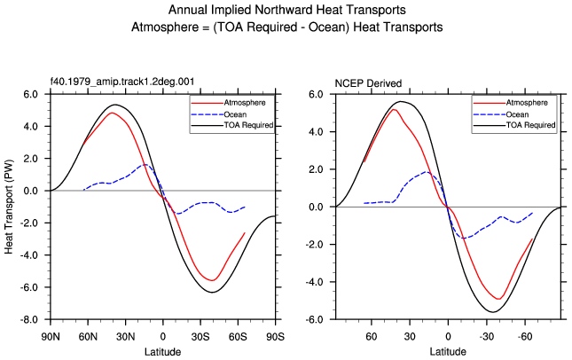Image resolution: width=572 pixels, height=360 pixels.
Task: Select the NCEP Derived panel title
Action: (368, 83)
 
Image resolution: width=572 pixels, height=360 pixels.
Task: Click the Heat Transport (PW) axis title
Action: (9, 207)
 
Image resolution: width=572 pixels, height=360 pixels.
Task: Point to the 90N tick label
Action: (51, 336)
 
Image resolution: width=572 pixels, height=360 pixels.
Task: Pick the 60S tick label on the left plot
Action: (238, 336)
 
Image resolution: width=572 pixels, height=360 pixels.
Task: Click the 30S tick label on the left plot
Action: (200, 336)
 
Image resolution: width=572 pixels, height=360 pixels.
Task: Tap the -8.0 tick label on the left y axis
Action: (29, 320)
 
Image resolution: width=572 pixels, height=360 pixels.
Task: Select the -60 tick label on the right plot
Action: (525, 336)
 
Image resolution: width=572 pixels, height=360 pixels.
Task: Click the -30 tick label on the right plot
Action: (486, 336)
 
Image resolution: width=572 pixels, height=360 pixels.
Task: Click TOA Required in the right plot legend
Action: (530, 125)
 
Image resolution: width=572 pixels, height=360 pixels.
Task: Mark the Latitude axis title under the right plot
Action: (448, 352)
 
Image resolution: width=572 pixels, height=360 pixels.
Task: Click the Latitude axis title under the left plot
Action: (162, 352)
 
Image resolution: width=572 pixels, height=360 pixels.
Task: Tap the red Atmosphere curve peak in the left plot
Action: (112, 113)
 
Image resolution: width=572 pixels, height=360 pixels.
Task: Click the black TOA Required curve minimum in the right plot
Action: (493, 312)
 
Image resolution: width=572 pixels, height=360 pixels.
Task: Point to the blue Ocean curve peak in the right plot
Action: (426, 172)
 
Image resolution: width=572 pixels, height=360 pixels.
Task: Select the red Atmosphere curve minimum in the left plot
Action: (212, 280)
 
